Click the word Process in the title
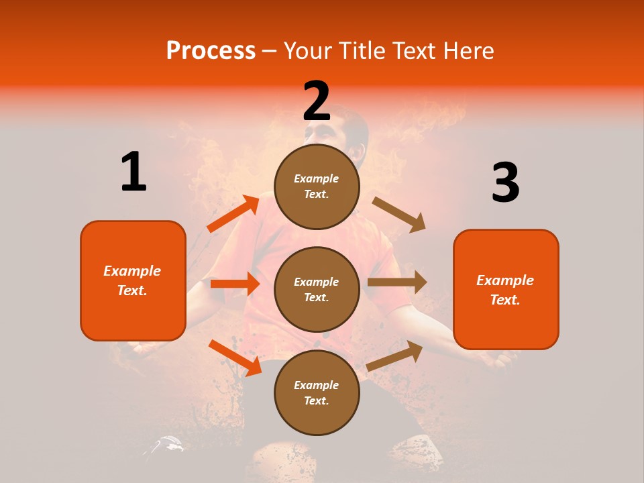point(211,51)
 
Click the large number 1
point(133,172)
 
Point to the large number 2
point(317,101)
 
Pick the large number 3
point(505,183)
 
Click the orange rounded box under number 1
point(133,280)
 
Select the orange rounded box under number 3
point(506,290)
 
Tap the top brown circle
point(317,186)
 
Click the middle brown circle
point(317,289)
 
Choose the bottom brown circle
point(317,392)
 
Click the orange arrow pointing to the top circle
point(233,214)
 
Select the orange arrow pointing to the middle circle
point(235,284)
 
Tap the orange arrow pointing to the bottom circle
point(235,358)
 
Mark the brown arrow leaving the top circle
point(399,215)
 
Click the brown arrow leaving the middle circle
point(397,282)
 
